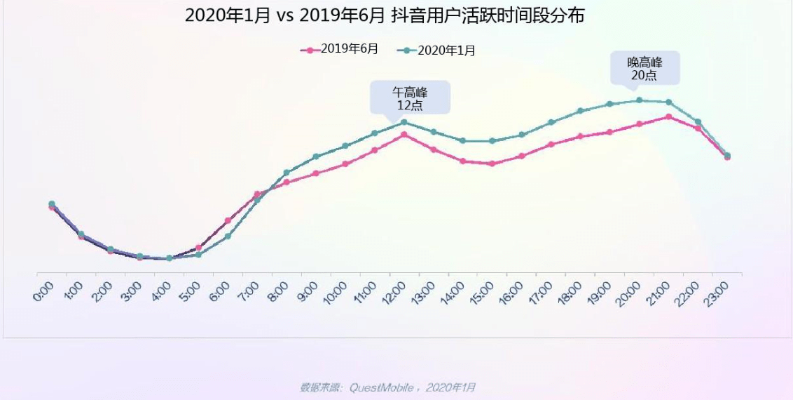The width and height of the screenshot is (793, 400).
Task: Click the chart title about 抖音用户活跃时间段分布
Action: coord(384,16)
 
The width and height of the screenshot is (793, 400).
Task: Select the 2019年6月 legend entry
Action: coord(340,50)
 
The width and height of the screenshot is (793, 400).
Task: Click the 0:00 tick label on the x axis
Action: coord(44,290)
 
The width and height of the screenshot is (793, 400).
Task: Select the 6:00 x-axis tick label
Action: coord(221,290)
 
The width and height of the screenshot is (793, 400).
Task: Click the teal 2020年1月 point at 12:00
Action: coord(404,122)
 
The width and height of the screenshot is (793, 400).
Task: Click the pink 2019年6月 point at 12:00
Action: coord(404,134)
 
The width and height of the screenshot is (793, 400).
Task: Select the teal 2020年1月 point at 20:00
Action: coord(639,100)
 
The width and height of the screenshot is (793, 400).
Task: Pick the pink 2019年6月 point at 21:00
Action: coord(669,116)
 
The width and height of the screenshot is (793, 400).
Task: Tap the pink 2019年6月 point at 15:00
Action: coord(492,164)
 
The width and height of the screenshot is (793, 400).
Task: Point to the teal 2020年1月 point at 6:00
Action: coord(228,236)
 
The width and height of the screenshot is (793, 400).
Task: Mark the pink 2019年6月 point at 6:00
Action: coord(228,220)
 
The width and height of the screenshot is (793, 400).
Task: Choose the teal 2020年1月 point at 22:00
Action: coord(698,122)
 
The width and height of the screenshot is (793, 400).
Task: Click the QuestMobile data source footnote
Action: coord(387,387)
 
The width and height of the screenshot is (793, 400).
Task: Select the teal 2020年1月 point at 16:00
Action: coord(522,135)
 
